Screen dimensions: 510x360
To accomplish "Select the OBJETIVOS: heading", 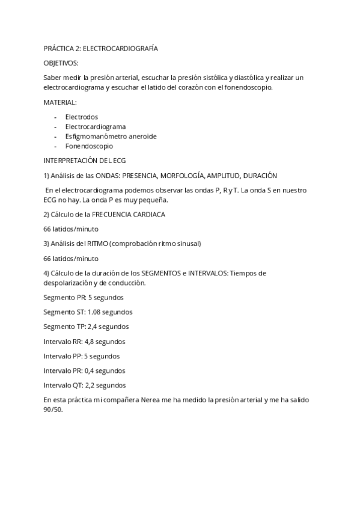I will point(61,63).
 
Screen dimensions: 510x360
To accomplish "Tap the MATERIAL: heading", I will point(60,102).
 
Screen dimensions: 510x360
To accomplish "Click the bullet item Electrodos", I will point(81,117).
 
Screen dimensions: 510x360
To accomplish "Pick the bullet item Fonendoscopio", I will point(89,146).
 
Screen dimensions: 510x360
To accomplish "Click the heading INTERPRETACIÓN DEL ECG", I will point(84,161).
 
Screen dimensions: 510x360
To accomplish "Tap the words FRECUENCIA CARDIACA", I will point(129,214).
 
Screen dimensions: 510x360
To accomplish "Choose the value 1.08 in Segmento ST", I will point(94,312).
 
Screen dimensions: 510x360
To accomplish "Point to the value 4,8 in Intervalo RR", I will point(92,342).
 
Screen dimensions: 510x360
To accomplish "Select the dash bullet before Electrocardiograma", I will point(56,127).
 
